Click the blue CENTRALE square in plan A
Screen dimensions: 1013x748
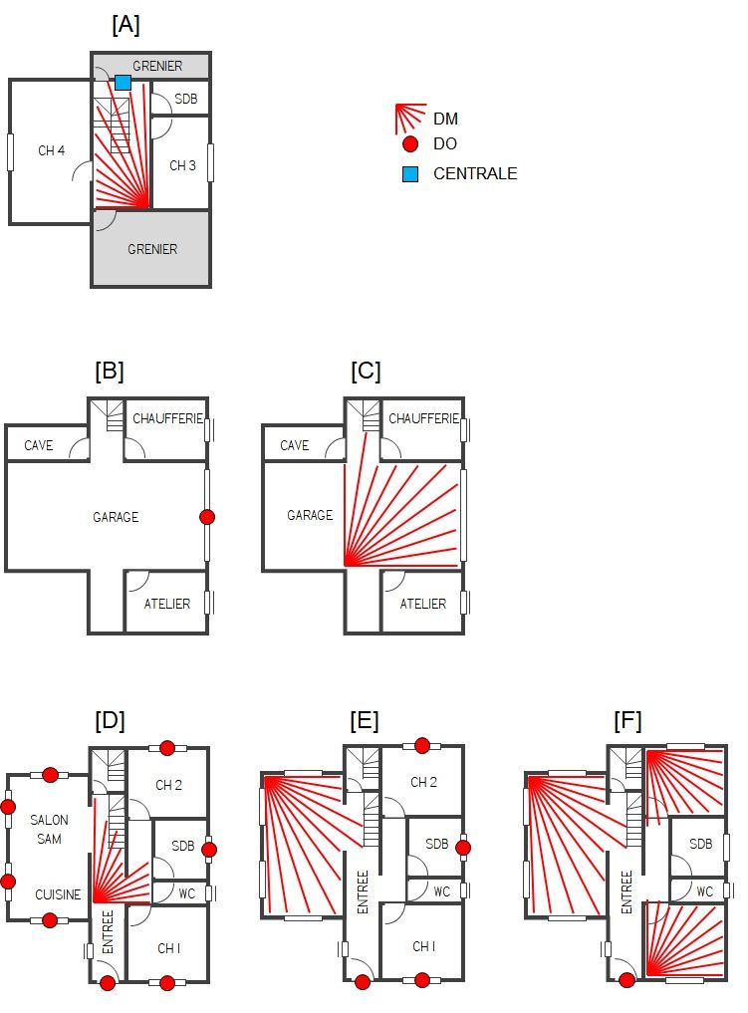[x=123, y=83]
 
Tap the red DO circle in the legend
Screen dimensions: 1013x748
[x=410, y=144]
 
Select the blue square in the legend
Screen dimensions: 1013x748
[x=410, y=174]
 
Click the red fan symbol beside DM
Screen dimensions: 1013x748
[x=409, y=118]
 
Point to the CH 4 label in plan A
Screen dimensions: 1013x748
[x=52, y=151]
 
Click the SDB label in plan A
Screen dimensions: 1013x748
[x=185, y=100]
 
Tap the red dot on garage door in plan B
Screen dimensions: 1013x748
[x=206, y=517]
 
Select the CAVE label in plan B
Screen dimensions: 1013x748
[x=39, y=445]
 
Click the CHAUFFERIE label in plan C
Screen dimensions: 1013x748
[x=422, y=418]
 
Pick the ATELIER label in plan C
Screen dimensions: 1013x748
[x=422, y=604]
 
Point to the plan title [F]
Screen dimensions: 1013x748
[x=627, y=721]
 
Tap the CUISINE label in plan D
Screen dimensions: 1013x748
[x=58, y=894]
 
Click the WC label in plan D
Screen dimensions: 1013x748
[x=187, y=893]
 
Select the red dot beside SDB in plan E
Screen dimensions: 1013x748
[x=463, y=848]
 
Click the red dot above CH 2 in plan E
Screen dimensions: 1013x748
[x=422, y=745]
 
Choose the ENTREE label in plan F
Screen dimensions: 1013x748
[x=626, y=891]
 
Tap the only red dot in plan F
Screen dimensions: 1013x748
[x=627, y=981]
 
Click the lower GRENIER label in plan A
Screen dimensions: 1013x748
[x=152, y=249]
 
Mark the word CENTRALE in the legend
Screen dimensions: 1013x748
[x=475, y=173]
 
